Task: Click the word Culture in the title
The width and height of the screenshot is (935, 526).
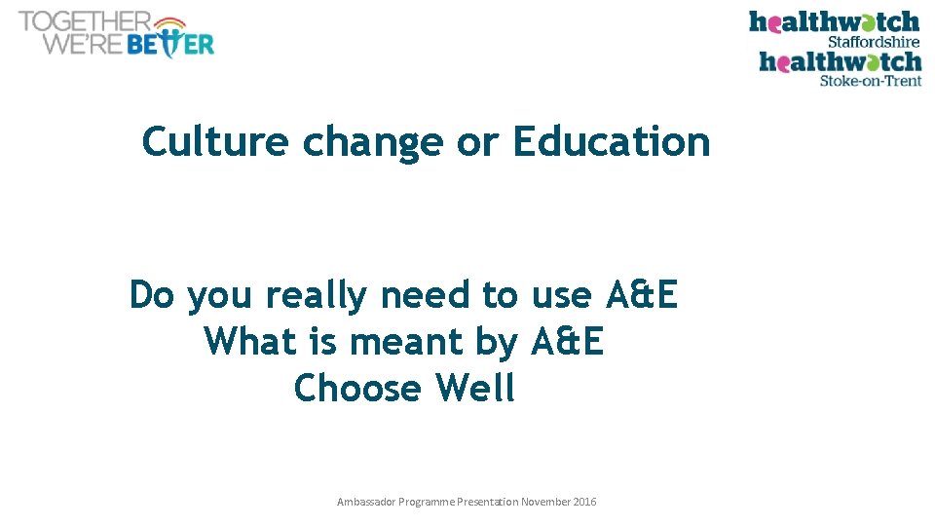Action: pos(214,142)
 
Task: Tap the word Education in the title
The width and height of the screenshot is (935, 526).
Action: pos(612,142)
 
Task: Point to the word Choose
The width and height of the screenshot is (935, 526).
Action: pos(357,389)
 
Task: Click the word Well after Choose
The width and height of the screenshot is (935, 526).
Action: pos(475,389)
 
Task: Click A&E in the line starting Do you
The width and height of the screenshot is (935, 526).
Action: pos(641,294)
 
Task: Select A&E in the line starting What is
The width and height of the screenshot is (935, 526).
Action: pos(567,342)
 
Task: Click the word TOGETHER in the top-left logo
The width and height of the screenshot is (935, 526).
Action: pos(84,21)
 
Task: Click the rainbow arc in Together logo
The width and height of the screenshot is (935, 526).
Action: pos(170,22)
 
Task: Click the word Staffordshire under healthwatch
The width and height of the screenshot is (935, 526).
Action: pos(873,42)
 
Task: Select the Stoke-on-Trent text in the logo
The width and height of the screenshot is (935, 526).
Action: pos(870,82)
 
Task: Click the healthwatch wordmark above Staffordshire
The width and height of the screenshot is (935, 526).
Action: pos(834,21)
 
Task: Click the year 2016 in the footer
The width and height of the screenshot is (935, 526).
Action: pos(584,502)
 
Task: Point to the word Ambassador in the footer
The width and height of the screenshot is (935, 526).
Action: pos(366,502)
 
